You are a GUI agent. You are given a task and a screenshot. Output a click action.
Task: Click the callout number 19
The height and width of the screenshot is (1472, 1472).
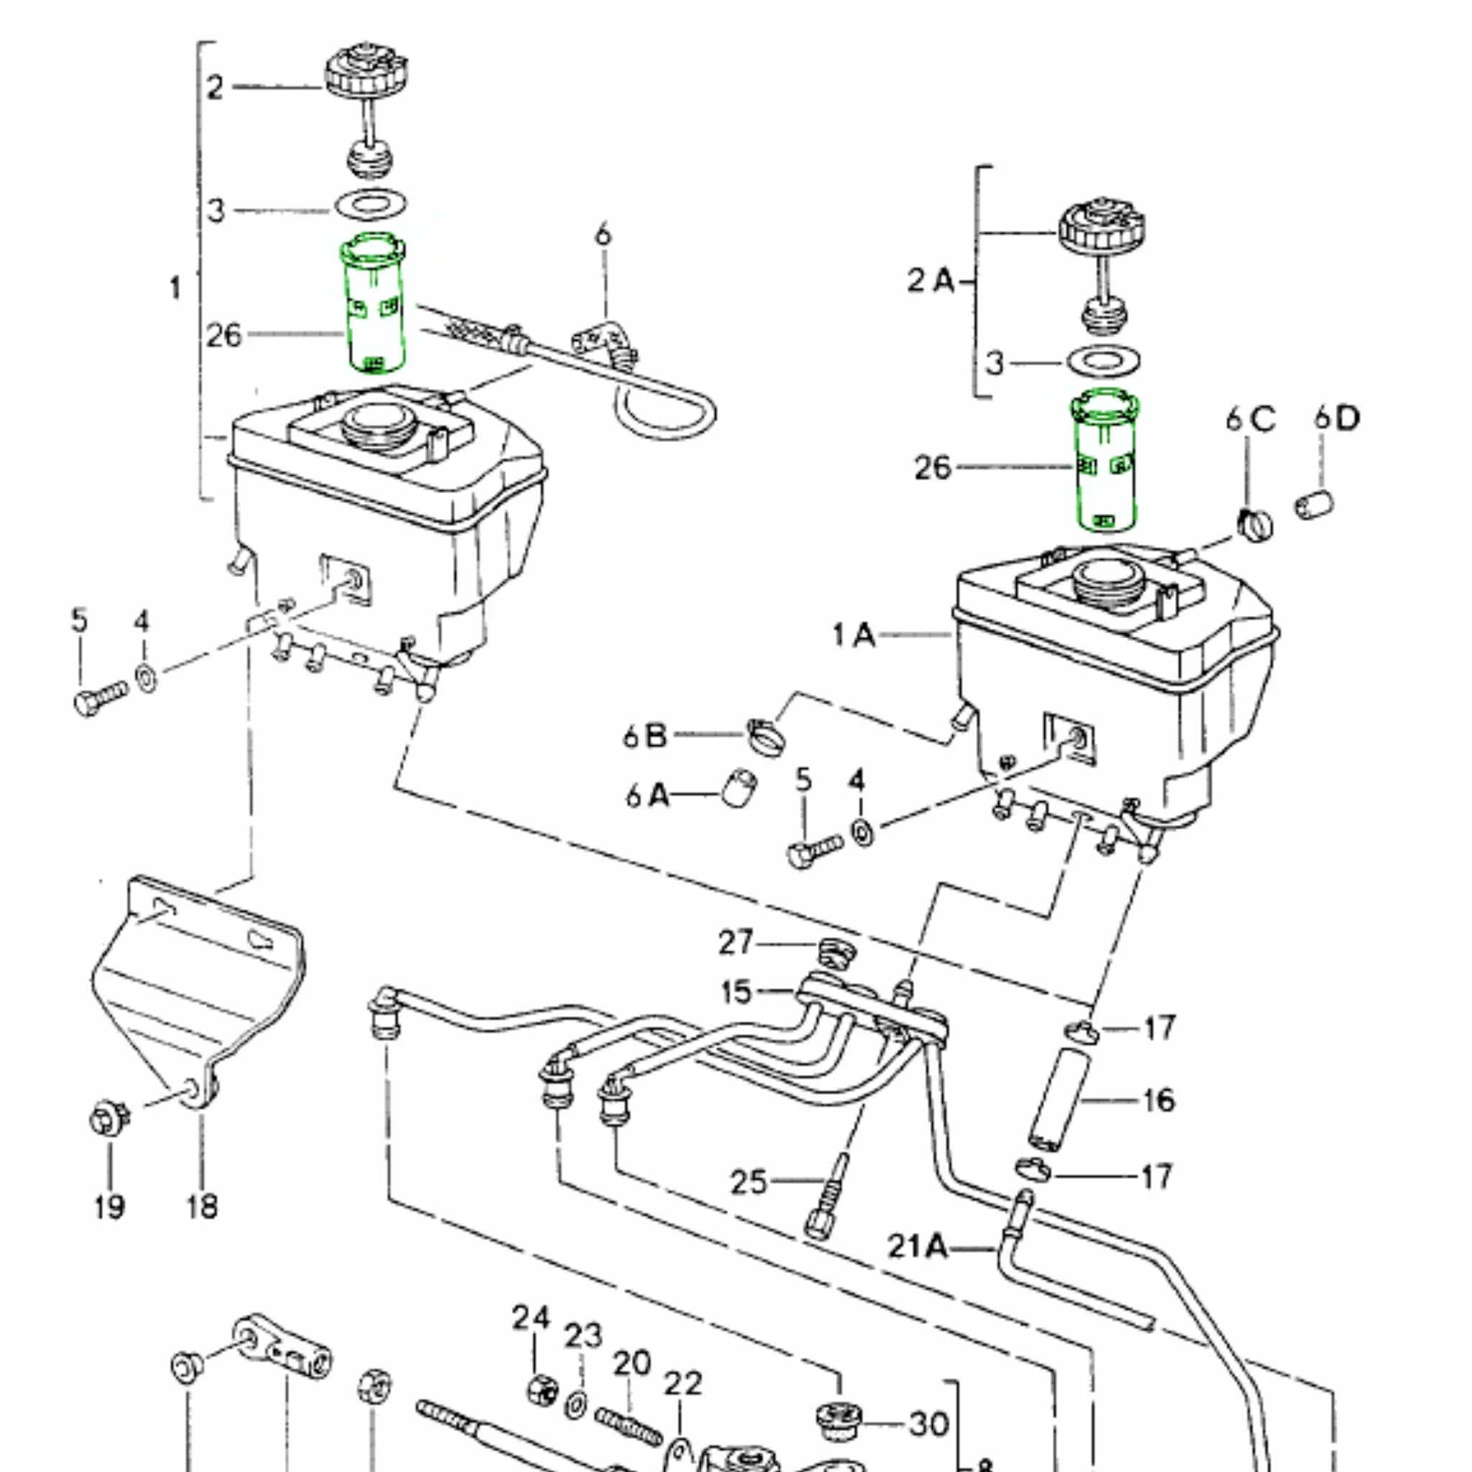(109, 1206)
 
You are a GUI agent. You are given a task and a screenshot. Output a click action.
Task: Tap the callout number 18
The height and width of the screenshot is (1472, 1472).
(202, 1206)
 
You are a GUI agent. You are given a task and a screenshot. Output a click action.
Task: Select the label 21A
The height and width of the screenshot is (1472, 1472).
(917, 1246)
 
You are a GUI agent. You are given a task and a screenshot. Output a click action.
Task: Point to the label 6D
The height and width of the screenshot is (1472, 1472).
(1336, 418)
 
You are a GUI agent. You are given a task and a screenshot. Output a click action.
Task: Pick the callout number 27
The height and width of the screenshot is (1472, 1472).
(735, 943)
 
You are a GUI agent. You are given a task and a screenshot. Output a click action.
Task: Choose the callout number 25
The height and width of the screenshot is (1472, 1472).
(748, 1182)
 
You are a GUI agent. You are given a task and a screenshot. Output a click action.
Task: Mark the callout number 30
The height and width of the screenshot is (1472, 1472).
(929, 1423)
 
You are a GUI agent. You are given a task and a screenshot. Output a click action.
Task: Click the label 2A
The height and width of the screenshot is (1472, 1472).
(930, 281)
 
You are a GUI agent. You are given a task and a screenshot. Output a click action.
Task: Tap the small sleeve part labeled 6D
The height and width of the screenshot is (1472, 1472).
(1315, 505)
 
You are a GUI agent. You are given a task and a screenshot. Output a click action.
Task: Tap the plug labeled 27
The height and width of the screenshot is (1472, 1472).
(835, 952)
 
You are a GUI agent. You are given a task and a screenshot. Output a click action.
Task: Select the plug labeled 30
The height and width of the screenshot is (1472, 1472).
(838, 1420)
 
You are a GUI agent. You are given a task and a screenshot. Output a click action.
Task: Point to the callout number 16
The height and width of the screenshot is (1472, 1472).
(1158, 1100)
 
